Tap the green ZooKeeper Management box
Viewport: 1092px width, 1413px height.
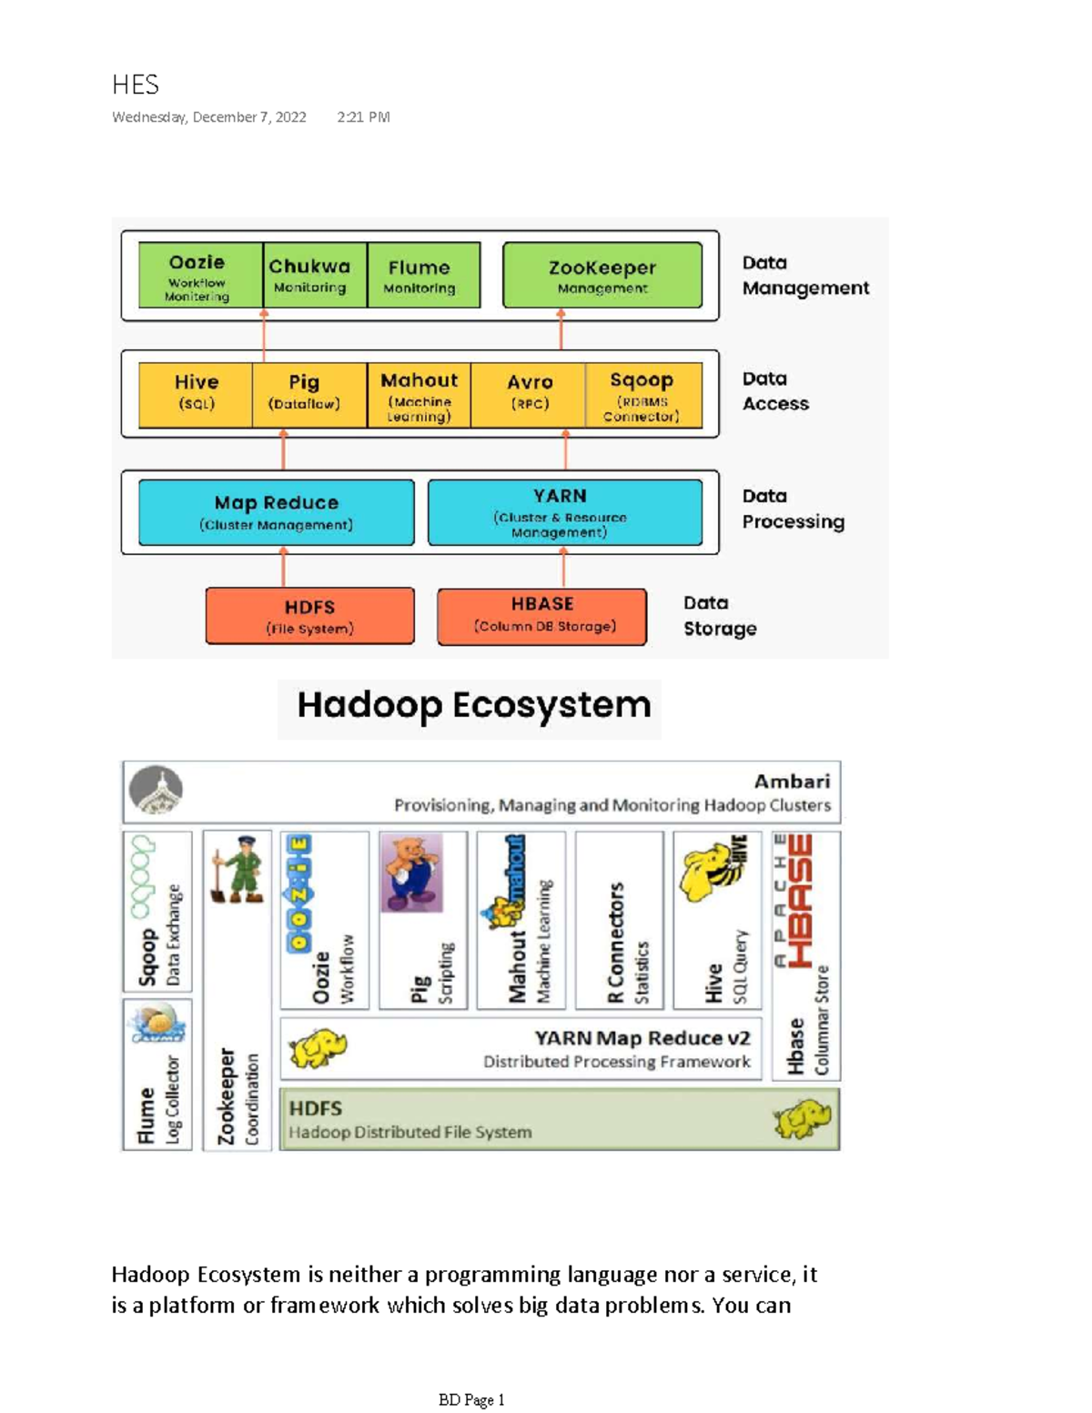tap(602, 275)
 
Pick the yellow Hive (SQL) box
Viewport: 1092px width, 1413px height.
tap(196, 394)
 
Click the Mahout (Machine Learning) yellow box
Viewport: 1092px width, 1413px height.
tap(419, 395)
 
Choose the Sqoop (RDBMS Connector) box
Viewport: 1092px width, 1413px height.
tap(642, 395)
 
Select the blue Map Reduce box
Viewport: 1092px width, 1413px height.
tap(276, 512)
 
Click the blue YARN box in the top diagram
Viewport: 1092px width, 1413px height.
tap(564, 512)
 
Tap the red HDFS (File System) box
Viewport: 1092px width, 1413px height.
tap(309, 616)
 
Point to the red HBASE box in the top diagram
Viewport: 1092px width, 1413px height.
tap(541, 616)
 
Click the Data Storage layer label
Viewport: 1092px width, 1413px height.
tap(719, 616)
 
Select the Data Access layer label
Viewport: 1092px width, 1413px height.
tap(774, 391)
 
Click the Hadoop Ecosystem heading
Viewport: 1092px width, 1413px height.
tap(473, 706)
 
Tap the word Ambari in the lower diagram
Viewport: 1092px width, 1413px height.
tap(792, 782)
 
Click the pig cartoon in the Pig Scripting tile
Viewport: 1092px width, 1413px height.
tap(412, 872)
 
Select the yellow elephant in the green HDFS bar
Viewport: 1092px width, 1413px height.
tap(802, 1118)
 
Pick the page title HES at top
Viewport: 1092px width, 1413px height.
tap(135, 86)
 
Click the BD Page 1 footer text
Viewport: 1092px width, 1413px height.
tap(470, 1400)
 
